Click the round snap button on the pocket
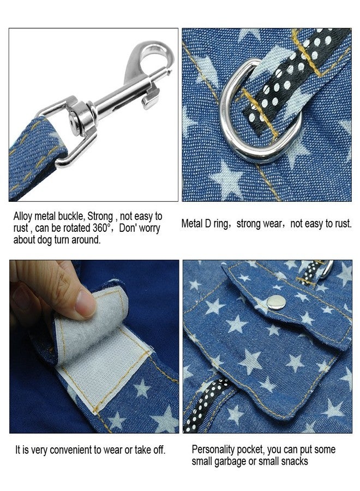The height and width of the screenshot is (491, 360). coord(276,302)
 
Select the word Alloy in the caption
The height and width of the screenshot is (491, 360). coord(23,217)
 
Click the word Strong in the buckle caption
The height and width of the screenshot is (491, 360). coord(100,217)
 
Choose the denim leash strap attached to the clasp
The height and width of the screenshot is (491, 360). coord(34,157)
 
